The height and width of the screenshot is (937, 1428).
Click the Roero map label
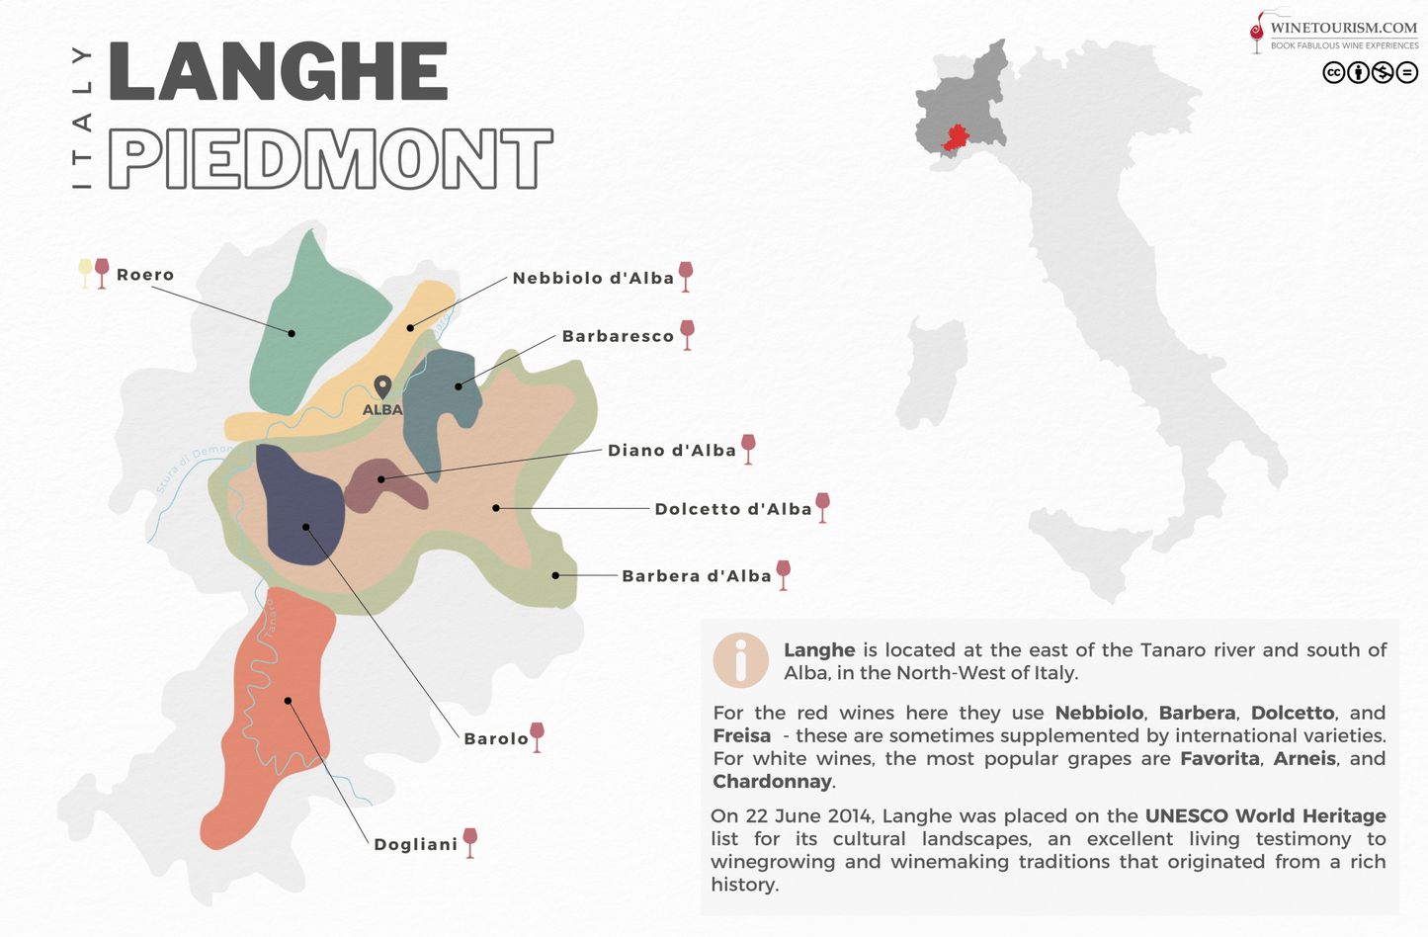click(145, 275)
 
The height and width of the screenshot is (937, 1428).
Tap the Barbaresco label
click(618, 336)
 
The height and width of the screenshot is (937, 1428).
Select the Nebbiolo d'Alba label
click(593, 278)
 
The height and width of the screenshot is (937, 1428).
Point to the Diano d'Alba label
click(672, 451)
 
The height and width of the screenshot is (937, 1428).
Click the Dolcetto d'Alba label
click(733, 509)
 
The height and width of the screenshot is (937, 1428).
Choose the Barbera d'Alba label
click(696, 576)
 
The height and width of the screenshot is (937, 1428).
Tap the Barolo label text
click(496, 738)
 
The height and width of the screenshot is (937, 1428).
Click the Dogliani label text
click(415, 844)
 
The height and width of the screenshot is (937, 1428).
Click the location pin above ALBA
click(382, 385)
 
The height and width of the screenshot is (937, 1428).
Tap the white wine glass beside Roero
click(85, 272)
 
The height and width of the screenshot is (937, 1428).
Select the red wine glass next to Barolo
click(537, 736)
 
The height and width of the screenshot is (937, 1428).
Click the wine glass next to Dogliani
click(470, 842)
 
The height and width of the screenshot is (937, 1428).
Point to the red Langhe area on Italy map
click(956, 138)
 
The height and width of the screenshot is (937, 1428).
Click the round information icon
click(740, 659)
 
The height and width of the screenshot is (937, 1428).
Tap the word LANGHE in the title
click(278, 71)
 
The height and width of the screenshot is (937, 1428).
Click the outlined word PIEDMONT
click(329, 158)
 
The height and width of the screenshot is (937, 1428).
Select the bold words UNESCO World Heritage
click(1265, 815)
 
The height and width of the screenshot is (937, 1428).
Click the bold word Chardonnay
click(772, 782)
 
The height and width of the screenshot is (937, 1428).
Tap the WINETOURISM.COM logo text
click(1343, 28)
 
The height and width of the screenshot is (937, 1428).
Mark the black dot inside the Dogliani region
click(288, 701)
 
